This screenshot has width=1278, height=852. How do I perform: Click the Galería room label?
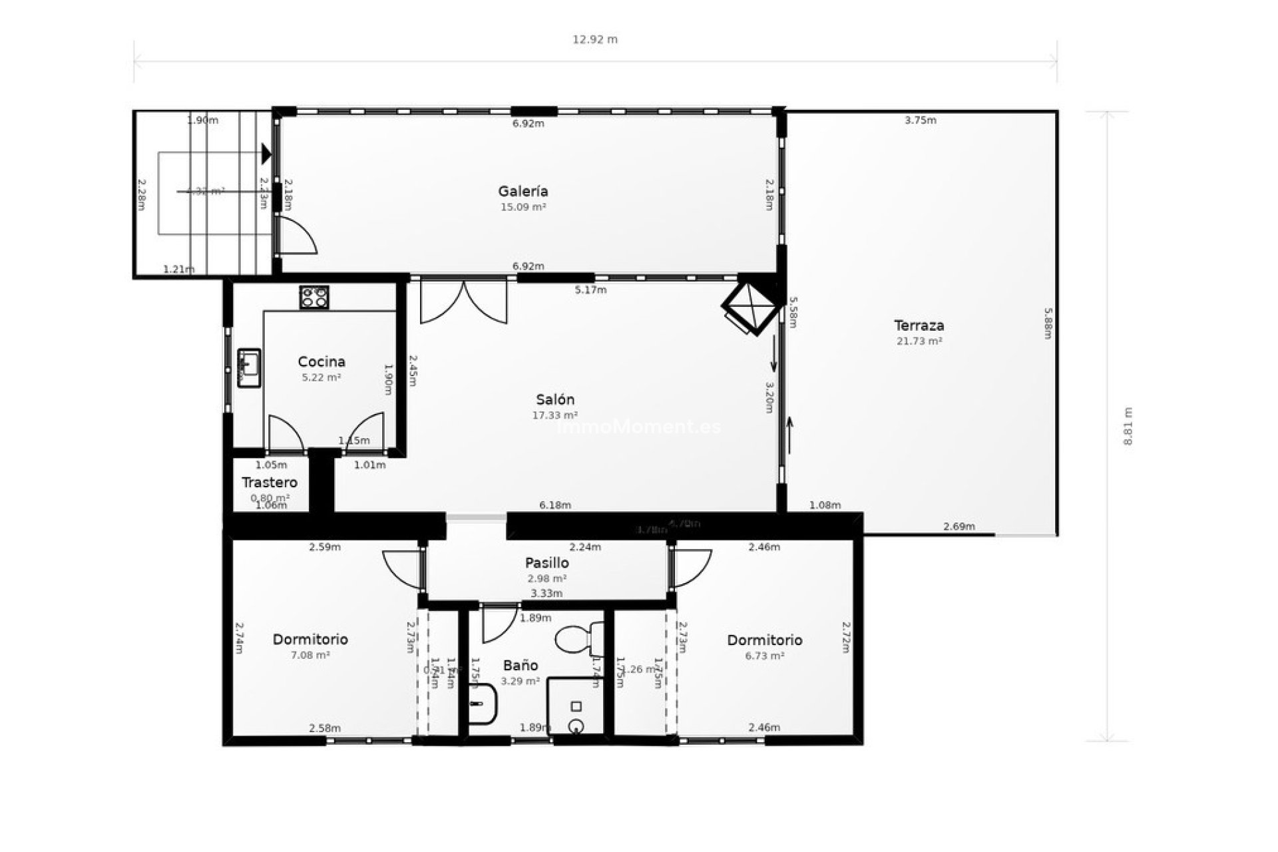click(523, 192)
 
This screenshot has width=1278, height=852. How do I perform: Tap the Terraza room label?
click(919, 326)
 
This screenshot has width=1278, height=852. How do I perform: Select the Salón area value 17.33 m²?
click(554, 415)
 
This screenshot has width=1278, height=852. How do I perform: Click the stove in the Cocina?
click(314, 297)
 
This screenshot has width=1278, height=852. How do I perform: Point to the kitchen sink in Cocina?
click(250, 367)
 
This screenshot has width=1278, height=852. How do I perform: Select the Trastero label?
click(269, 483)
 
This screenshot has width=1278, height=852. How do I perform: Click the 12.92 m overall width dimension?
click(595, 39)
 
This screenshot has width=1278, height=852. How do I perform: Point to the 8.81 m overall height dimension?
click(1127, 426)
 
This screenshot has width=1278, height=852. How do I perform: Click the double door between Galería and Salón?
click(463, 301)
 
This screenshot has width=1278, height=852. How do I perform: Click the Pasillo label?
click(546, 563)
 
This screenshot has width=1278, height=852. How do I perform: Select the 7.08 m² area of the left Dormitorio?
click(310, 655)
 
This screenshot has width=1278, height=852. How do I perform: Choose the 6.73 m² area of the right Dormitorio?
click(764, 656)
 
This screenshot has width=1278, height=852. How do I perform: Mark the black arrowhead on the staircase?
click(266, 154)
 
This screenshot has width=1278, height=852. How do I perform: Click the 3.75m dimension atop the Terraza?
click(920, 120)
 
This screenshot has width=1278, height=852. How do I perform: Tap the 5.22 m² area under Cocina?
click(321, 377)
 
